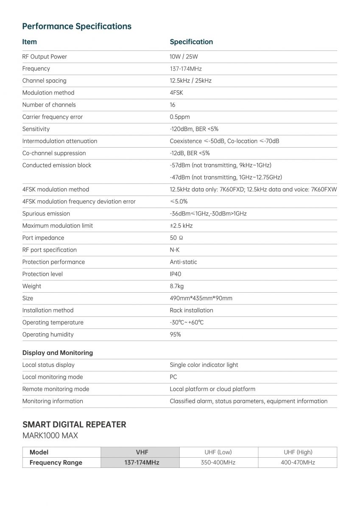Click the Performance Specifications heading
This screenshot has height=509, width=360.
[x=77, y=26]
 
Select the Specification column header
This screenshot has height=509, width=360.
[x=191, y=42]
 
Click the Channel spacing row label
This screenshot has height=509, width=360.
[x=45, y=81]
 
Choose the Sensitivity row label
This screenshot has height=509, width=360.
[x=36, y=129]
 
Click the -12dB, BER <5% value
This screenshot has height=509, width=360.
[x=190, y=153]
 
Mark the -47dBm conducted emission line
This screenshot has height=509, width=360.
[x=226, y=177]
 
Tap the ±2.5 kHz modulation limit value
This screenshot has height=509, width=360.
[x=181, y=226]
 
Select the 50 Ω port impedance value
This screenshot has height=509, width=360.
[x=176, y=238]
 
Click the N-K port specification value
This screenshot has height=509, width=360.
[x=175, y=250]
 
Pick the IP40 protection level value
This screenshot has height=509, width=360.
[x=176, y=274]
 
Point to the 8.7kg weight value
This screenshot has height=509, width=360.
[x=177, y=286]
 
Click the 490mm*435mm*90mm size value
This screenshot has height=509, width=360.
[x=201, y=298]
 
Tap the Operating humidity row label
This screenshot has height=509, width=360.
[x=48, y=334]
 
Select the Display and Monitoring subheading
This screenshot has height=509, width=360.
[x=58, y=352]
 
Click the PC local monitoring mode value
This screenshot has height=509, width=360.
[x=173, y=377]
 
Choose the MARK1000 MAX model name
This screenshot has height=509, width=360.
[x=50, y=436]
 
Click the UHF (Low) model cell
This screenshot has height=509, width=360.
[x=218, y=452]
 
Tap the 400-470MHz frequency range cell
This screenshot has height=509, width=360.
[x=298, y=462]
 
